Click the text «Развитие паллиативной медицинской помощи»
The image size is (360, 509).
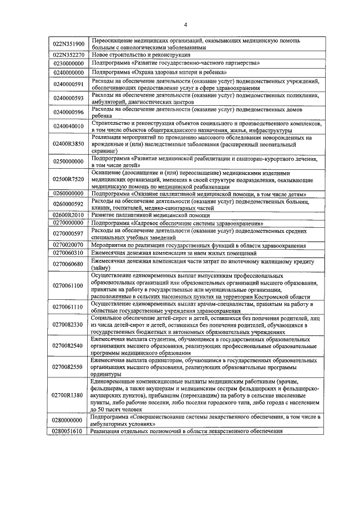tap(151, 215)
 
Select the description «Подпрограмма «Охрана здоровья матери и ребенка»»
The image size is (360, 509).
tap(160, 73)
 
